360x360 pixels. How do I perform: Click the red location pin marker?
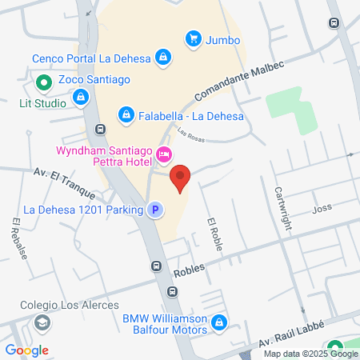coord(181,178)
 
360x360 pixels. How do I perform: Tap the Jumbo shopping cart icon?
coord(193,38)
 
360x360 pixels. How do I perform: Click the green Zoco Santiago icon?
coord(42,81)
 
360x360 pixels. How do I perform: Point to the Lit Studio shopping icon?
coord(80,98)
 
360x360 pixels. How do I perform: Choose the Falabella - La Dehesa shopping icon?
coord(126,116)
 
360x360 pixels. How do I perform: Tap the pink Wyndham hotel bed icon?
coord(164,153)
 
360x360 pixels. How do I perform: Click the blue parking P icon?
coord(155,210)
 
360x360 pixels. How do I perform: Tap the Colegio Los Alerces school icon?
coord(42,322)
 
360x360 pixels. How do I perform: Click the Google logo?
coord(26,350)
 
